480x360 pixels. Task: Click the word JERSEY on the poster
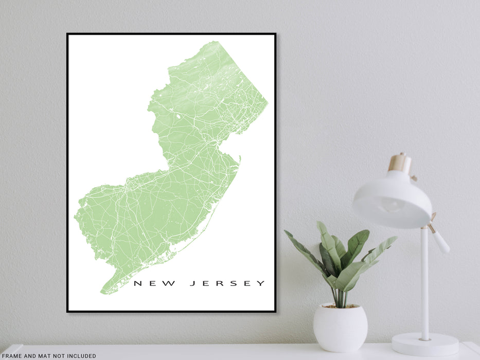click(x=227, y=283)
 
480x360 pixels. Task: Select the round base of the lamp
click(x=424, y=344)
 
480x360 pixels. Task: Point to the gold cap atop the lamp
click(x=400, y=163)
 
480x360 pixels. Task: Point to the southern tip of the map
click(x=102, y=293)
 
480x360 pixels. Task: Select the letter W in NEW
click(x=171, y=283)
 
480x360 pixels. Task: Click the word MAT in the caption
click(x=43, y=356)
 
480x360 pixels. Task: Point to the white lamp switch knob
click(x=440, y=242)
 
